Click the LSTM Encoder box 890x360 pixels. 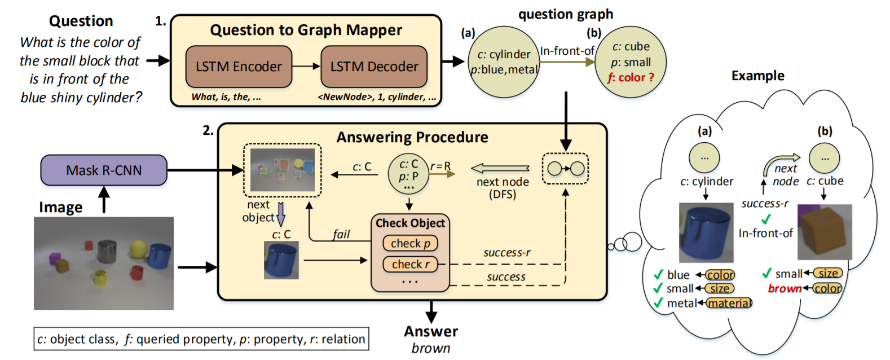pyautogui.click(x=239, y=67)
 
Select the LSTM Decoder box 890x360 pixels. pyautogui.click(x=374, y=67)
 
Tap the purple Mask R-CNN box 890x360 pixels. pyautogui.click(x=104, y=170)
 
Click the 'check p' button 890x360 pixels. pyautogui.click(x=411, y=243)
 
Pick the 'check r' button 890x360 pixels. pyautogui.click(x=411, y=264)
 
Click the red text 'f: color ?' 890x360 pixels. pyautogui.click(x=631, y=77)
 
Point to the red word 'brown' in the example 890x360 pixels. pyautogui.click(x=785, y=288)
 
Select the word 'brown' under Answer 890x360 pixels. pyautogui.click(x=431, y=348)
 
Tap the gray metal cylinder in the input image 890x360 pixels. pyautogui.click(x=107, y=251)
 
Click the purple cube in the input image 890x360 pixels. pyautogui.click(x=54, y=258)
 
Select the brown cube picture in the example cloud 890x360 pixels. pyautogui.click(x=825, y=232)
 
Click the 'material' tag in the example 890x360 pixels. pyautogui.click(x=729, y=303)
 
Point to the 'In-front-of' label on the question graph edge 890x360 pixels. pyautogui.click(x=567, y=51)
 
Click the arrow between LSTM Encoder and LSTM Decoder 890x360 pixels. pyautogui.click(x=306, y=67)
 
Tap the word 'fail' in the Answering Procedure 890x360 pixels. pyautogui.click(x=341, y=234)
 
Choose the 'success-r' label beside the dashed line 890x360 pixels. pyautogui.click(x=507, y=253)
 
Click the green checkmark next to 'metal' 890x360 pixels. pyautogui.click(x=658, y=303)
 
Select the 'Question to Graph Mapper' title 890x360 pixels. pyautogui.click(x=306, y=30)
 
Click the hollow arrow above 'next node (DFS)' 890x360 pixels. pyautogui.click(x=500, y=169)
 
